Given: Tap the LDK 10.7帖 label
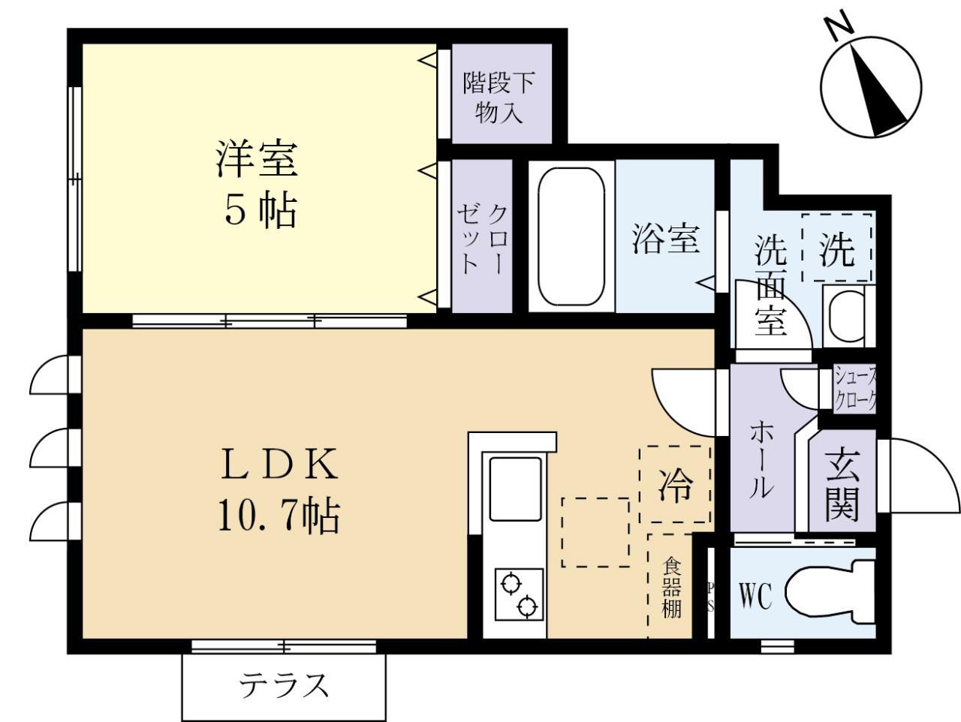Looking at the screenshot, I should point(279,492).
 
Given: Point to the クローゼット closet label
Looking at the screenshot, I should point(481,238).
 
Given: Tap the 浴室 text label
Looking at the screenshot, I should point(665,239).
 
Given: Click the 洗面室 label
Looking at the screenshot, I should point(771,285).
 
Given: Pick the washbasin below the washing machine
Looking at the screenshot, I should point(847,316).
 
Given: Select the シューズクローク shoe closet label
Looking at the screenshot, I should point(855,388).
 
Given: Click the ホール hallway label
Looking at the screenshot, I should point(761,459).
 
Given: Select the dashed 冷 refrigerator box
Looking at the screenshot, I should point(675,485).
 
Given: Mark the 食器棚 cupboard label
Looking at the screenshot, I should point(671,587).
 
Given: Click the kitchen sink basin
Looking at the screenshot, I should point(515,488).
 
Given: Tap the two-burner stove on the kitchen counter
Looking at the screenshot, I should point(519,594).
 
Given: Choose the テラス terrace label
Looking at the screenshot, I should point(284,685).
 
